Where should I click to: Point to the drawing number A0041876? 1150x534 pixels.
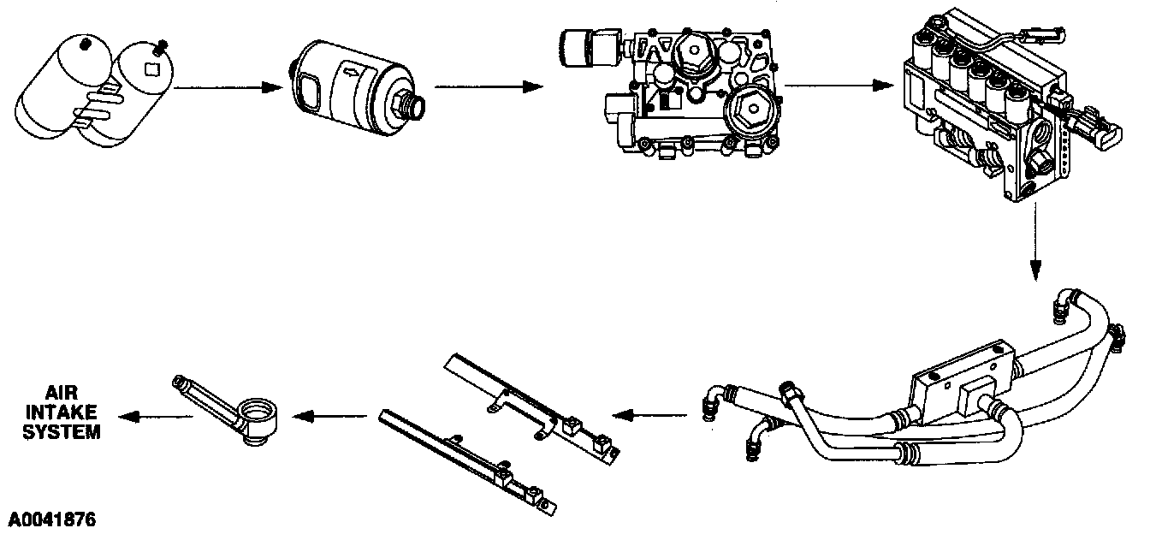point(52,519)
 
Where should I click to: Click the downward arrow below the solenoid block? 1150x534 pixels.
point(1035,248)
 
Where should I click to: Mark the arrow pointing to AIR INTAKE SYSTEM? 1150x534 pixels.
point(155,416)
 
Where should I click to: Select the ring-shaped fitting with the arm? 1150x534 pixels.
point(257,415)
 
